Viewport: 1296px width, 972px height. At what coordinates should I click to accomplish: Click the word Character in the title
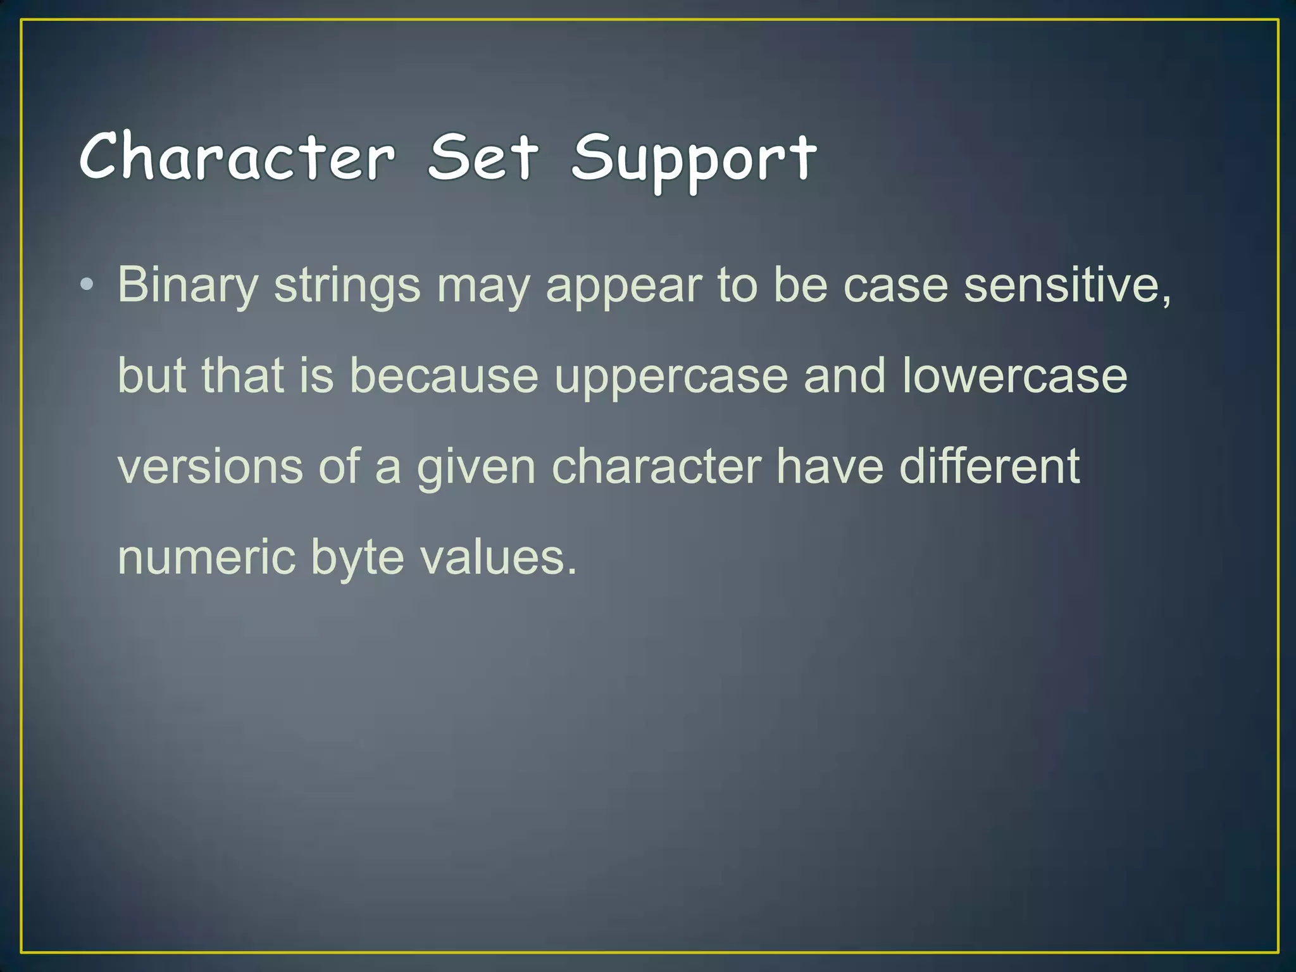coord(237,156)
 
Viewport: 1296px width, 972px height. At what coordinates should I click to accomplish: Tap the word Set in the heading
coord(483,156)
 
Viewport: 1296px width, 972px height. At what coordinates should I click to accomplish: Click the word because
coord(444,376)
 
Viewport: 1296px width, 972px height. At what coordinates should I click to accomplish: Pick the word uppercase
coord(671,377)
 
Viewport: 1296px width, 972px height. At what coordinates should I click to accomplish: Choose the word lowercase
coord(1014,376)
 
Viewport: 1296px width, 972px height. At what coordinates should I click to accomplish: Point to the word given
coord(476,468)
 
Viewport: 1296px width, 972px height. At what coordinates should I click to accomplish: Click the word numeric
coord(206,558)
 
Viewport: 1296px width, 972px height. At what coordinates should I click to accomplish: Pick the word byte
coord(358,559)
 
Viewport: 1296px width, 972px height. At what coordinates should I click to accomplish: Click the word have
coord(829,467)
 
